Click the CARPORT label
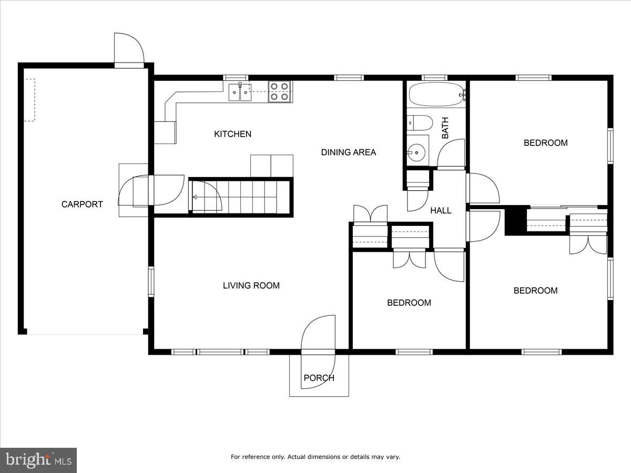point(82,204)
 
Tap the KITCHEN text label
point(232,134)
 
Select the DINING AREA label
point(349,152)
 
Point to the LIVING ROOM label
point(251,286)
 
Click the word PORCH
point(319,378)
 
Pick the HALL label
point(441,211)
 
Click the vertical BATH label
point(445,128)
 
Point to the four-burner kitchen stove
point(279,91)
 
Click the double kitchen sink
point(240,92)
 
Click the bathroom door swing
point(451,153)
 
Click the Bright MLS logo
point(38,460)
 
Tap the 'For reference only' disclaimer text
point(315,457)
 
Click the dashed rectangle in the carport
point(29,100)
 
